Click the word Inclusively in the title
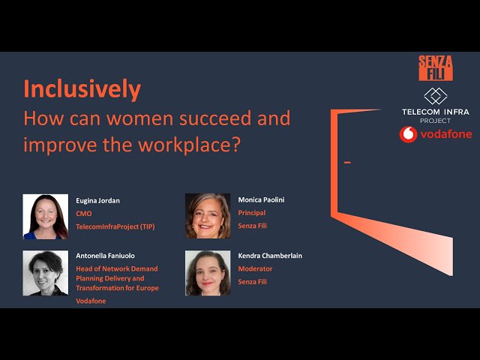point(82,89)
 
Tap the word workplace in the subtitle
point(186,144)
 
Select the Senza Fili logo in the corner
point(435,68)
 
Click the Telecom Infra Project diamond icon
point(435,96)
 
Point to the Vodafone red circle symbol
point(409,134)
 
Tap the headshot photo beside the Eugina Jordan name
point(45,217)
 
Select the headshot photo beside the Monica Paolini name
point(208,216)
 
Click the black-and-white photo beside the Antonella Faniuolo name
point(45,273)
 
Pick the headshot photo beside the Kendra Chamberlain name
point(208,273)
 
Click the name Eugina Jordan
point(97,201)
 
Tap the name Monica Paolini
point(261,200)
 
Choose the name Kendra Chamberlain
point(270,256)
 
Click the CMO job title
point(83,213)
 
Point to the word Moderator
point(255,268)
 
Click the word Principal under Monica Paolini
point(252,213)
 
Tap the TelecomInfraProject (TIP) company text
point(115,226)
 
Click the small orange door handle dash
point(347,162)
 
